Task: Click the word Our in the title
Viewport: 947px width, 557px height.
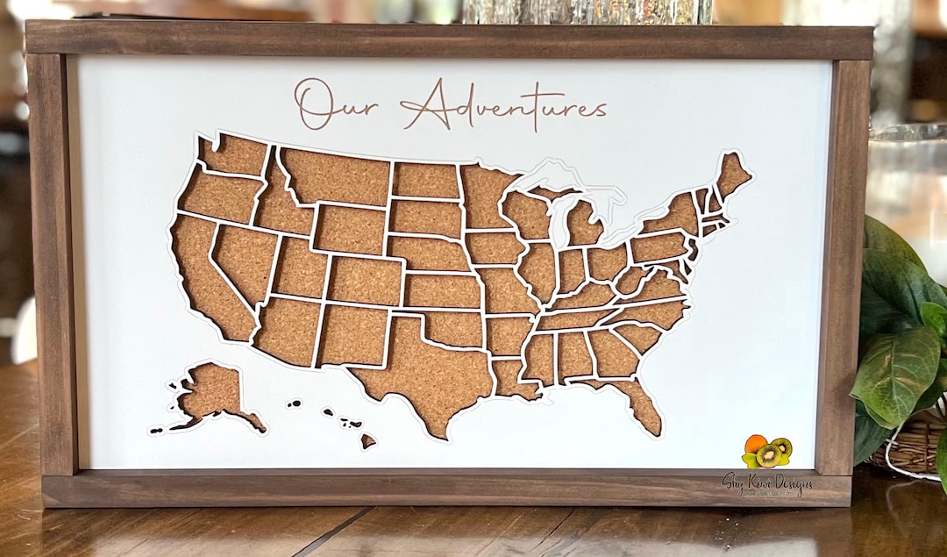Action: pyautogui.click(x=325, y=104)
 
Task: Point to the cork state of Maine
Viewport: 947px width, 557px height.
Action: pyautogui.click(x=731, y=175)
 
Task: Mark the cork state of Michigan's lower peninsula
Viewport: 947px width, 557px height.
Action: pyautogui.click(x=582, y=225)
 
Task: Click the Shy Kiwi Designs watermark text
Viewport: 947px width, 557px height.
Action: pyautogui.click(x=766, y=483)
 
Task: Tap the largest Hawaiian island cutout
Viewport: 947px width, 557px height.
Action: pyautogui.click(x=368, y=440)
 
